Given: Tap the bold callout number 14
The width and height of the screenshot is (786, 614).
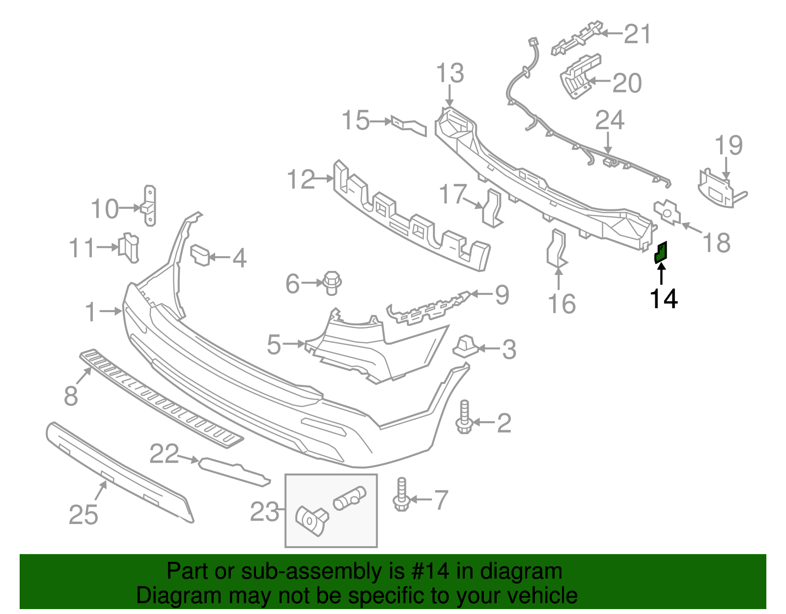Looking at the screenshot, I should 664,299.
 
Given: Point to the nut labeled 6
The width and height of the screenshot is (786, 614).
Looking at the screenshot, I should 332,283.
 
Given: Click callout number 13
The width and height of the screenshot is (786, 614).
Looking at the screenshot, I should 450,74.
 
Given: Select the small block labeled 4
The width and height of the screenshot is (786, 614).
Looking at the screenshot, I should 200,254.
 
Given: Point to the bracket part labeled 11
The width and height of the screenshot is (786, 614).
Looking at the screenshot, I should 130,247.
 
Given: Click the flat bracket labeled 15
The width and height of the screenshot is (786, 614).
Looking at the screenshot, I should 409,125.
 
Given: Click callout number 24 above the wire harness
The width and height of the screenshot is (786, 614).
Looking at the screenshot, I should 610,120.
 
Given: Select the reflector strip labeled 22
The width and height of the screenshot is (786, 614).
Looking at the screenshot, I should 234,471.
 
